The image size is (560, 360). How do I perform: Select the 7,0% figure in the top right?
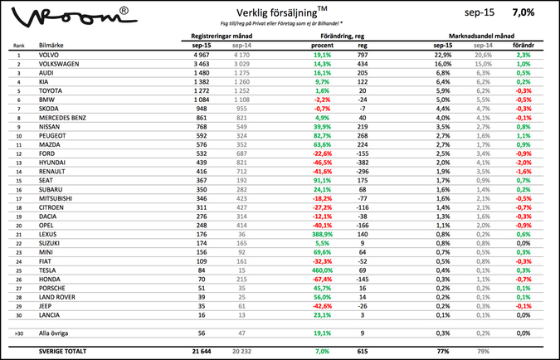523,13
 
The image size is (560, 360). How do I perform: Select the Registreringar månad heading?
222,36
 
